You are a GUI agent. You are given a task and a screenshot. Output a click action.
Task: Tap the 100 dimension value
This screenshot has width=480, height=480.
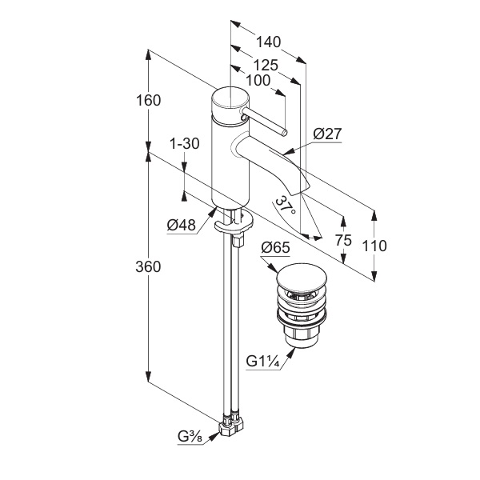pos(258,80)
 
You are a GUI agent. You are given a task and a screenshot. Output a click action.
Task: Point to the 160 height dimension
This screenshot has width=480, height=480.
pos(148,101)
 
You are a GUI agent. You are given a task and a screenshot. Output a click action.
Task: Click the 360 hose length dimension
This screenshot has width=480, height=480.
pos(148,266)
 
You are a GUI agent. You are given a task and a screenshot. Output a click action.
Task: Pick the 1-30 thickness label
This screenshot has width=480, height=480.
pos(185,144)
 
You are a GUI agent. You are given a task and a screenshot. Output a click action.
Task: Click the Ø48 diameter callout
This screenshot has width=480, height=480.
pos(182,225)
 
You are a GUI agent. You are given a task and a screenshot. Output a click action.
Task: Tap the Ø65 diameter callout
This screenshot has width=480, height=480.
pos(274,248)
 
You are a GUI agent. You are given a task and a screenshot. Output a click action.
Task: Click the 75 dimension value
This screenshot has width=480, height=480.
pos(343,240)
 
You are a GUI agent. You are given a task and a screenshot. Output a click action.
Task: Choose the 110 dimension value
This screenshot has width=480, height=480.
pos(373,246)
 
